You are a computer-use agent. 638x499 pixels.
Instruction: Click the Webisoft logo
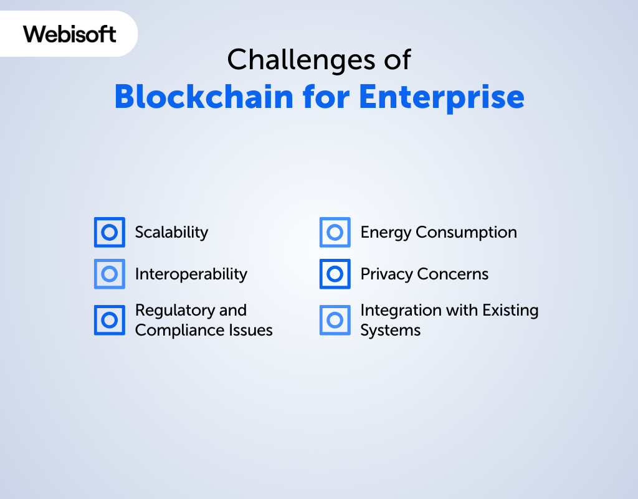[x=70, y=34]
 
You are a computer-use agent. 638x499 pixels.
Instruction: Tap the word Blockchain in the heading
[x=204, y=97]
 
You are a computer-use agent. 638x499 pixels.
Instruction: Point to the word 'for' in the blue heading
[x=326, y=97]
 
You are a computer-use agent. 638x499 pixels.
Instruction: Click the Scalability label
[x=171, y=232]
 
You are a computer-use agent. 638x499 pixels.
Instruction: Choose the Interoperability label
[x=191, y=274]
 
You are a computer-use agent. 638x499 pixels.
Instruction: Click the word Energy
[x=386, y=233]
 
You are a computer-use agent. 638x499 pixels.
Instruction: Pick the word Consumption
[x=466, y=233]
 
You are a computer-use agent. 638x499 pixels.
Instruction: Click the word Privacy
[x=386, y=274]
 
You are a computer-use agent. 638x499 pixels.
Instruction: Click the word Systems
[x=390, y=331]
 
